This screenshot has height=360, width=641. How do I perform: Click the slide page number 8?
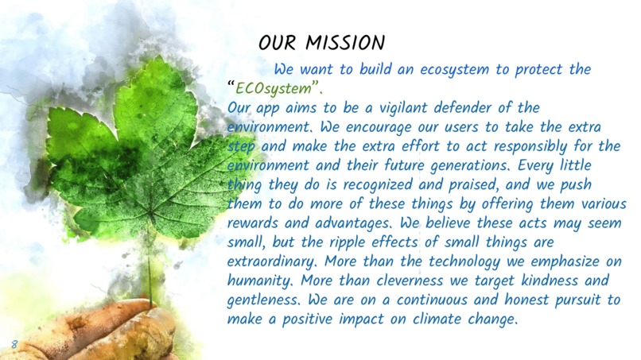[x=14, y=343]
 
